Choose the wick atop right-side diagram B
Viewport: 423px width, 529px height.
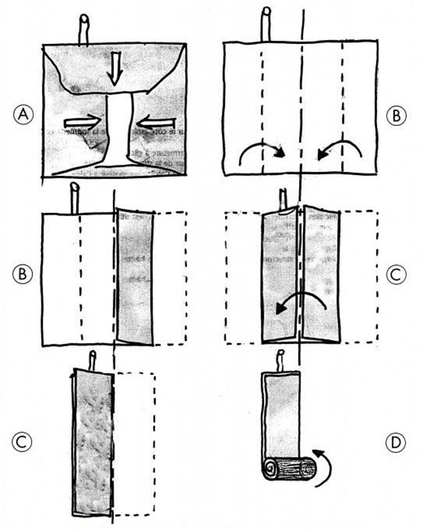(x=266, y=26)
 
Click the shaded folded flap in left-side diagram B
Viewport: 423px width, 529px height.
(x=136, y=276)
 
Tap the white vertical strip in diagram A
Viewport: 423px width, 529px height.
(x=121, y=131)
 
